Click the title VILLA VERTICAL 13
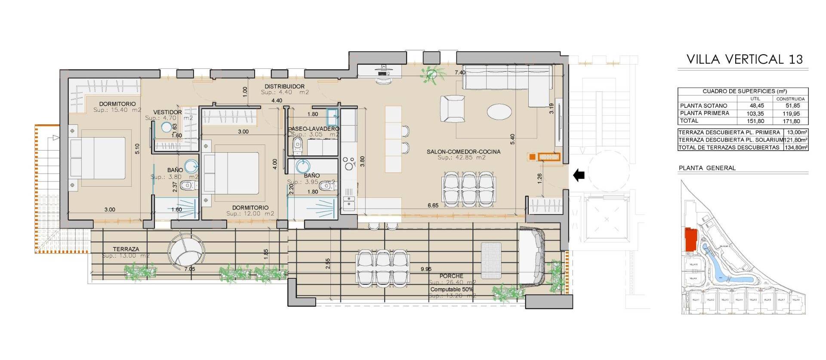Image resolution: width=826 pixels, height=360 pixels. coord(744,59)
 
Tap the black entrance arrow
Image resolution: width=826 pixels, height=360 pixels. coord(579,175)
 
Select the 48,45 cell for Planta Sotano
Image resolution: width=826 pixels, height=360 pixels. coord(756,106)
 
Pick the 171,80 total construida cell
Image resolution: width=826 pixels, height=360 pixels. coord(791,121)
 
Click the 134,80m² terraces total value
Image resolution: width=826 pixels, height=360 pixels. coord(795,147)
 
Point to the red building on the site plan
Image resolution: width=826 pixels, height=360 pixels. coord(691,240)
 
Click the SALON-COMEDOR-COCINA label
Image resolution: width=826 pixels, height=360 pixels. coord(463,152)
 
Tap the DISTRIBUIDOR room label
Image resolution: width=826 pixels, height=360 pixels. coord(284,86)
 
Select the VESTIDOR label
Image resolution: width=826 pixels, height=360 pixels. coord(167,112)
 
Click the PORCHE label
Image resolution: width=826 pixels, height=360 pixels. coord(451,276)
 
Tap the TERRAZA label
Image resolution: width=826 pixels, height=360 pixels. coord(126,249)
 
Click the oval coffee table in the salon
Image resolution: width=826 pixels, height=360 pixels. coord(499,112)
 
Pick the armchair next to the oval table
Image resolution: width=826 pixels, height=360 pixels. coord(452,108)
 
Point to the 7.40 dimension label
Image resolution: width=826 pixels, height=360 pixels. coord(460,73)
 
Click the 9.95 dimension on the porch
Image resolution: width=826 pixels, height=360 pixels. coord(426,269)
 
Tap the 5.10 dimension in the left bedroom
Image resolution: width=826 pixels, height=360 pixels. coord(137,149)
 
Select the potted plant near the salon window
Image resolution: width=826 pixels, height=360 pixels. coord(431,74)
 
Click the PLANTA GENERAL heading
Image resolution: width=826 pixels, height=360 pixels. coord(707,168)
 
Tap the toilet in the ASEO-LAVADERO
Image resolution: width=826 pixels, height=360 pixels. coord(298,146)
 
